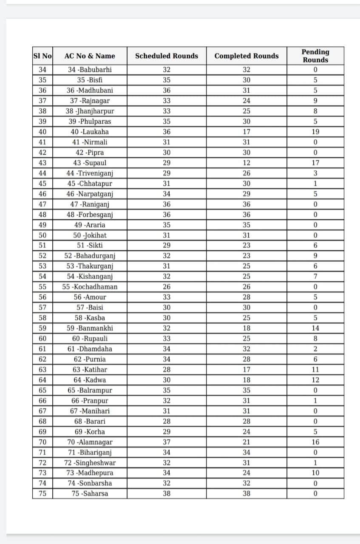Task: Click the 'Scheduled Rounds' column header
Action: tap(167, 56)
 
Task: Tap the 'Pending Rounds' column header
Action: tap(315, 56)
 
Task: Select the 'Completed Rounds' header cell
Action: tap(247, 56)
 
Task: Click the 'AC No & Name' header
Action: tap(90, 56)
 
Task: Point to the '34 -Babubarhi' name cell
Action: tap(90, 70)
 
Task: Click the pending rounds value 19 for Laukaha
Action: tap(315, 132)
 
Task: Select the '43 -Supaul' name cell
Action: tap(90, 163)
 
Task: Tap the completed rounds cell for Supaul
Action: tap(247, 163)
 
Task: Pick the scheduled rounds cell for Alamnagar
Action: tap(167, 442)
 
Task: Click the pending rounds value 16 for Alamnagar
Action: tap(315, 442)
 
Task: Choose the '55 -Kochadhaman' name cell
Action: tap(90, 287)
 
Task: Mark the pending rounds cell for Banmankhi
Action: tap(315, 328)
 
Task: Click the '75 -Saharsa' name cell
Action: tap(90, 493)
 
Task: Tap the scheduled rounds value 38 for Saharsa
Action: tap(167, 493)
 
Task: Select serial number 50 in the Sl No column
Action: tap(43, 235)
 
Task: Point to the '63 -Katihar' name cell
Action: tap(90, 369)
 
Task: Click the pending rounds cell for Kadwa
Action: tap(315, 380)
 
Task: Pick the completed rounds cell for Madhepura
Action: tap(247, 473)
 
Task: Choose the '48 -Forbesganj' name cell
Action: tap(90, 215)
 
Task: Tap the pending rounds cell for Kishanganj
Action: tap(315, 277)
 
